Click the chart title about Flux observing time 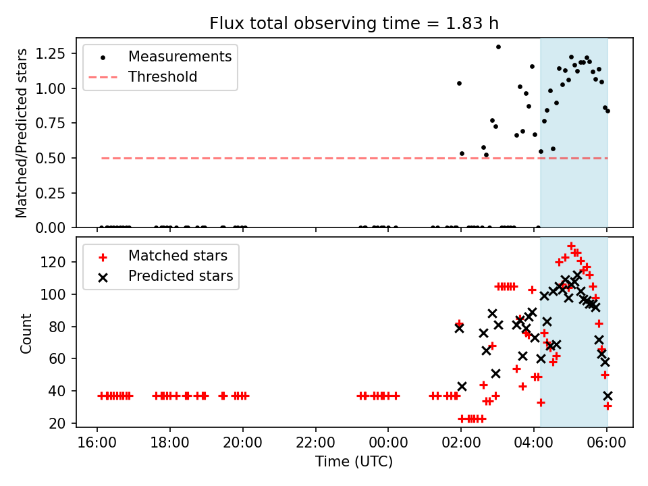(354, 24)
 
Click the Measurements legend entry (180, 56)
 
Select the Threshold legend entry (163, 77)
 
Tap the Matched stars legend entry (178, 256)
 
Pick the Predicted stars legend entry (180, 276)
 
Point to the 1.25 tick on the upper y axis (60, 53)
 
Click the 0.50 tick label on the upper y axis (60, 158)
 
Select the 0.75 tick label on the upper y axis (60, 123)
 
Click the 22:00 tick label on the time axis (315, 445)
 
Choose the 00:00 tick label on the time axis (388, 445)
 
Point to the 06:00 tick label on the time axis (607, 445)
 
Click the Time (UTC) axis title (354, 462)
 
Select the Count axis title (26, 333)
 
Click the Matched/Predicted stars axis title (22, 133)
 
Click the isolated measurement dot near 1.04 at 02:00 (459, 83)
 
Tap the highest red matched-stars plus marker (571, 246)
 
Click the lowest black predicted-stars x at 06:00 (607, 396)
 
